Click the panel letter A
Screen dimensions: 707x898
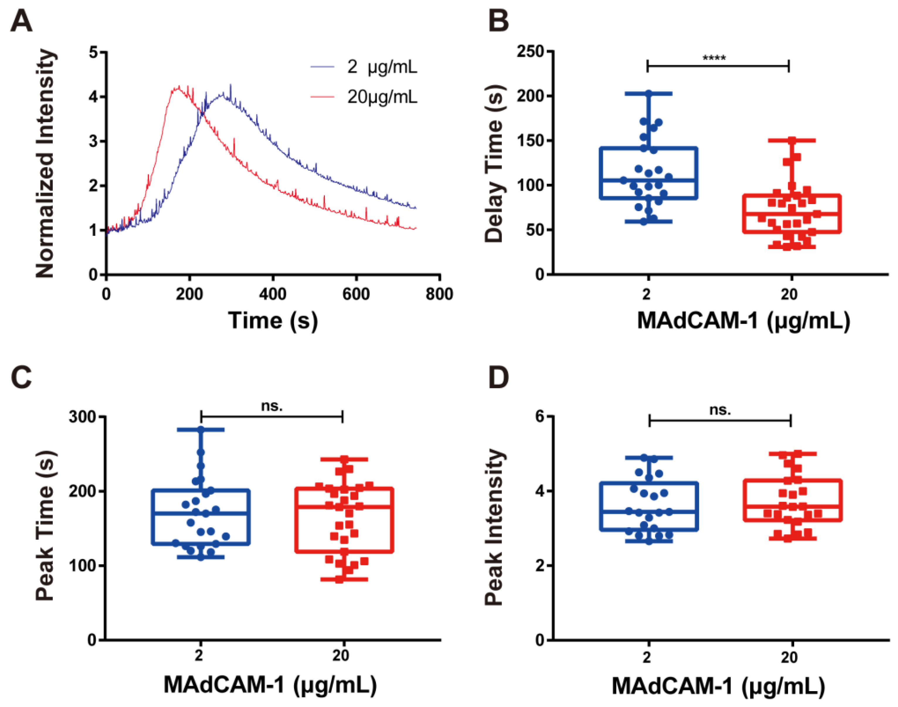[21, 21]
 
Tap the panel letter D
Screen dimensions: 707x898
[499, 377]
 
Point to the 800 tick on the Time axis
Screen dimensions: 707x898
[439, 294]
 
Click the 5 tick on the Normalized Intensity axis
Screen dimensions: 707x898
[94, 52]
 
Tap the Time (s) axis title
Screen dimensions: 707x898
[273, 321]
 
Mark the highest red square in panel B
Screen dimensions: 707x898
[792, 141]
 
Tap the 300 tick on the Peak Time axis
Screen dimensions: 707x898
[82, 416]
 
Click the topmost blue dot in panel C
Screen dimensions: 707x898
[201, 430]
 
